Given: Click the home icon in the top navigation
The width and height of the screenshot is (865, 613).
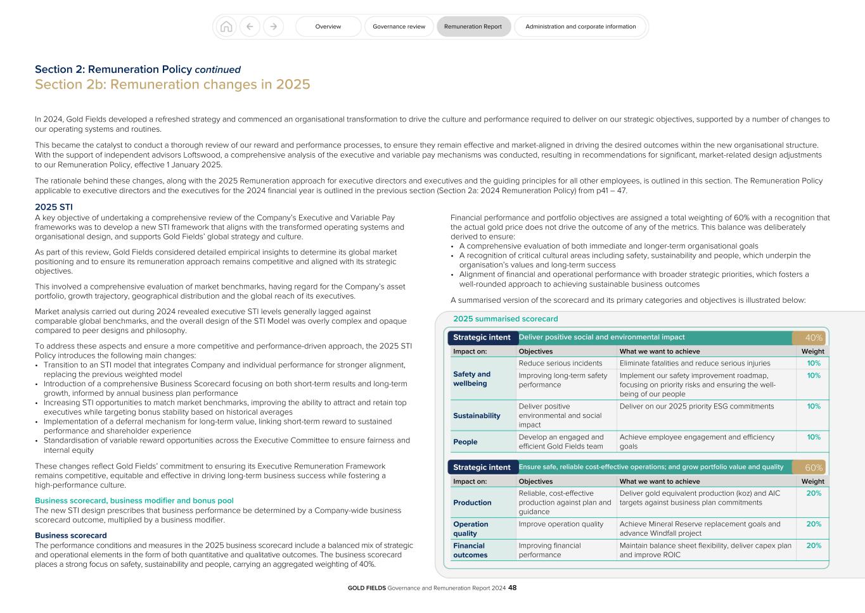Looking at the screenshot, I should point(226,27).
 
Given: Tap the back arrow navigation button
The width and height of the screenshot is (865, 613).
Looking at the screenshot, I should point(250,27).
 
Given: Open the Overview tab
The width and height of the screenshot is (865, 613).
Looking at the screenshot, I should point(328,27).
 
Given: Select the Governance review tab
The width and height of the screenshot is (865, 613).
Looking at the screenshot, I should point(399,27).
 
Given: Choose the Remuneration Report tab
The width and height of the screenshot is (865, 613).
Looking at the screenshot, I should point(473,27).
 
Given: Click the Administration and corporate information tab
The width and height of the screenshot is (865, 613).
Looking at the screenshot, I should point(580,27).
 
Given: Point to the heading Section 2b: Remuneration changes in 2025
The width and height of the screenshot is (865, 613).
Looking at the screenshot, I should point(172,85).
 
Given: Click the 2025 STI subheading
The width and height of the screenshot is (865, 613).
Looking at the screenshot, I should point(54,207).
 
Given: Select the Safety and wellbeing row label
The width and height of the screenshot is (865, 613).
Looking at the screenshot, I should point(472,379).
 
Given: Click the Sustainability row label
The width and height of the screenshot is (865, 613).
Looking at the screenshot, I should point(477,416).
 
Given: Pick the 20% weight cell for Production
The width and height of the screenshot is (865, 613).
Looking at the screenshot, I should point(813,493).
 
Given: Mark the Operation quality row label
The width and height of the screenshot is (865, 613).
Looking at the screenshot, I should point(471,529).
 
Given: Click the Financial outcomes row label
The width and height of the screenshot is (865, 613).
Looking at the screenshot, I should point(471,550).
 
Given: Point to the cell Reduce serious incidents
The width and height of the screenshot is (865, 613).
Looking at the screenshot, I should point(560,363).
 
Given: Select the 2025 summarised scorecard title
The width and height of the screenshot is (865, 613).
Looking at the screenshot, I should point(505,319).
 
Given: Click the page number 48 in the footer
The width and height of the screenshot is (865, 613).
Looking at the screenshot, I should point(513,588).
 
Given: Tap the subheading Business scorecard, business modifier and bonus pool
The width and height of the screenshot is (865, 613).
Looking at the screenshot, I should point(134,501).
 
